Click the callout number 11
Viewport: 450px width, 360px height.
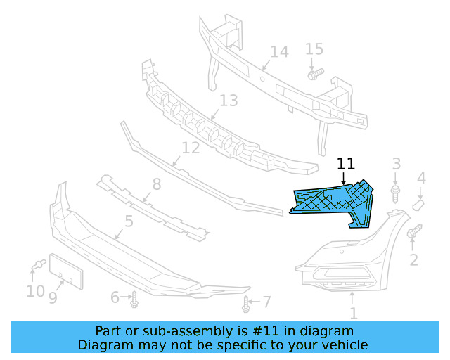pos(345,164)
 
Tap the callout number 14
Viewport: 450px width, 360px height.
pos(279,52)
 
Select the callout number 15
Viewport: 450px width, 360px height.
pos(314,49)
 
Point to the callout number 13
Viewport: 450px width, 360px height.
pos(229,101)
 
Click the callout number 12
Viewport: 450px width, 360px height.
pos(191,148)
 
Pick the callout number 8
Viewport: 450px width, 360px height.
pos(156,184)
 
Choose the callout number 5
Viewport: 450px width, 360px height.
pos(129,222)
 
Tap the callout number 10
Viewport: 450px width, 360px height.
pos(34,290)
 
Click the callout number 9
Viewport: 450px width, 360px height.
pos(53,298)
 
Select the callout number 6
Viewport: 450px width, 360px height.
pos(115,297)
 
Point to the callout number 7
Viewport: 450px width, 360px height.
pos(266,302)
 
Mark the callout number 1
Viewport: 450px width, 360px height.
pos(353,314)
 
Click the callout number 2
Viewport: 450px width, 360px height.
pos(413,260)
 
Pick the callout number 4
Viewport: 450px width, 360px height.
pos(421,179)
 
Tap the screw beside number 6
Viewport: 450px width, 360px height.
pos(134,300)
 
